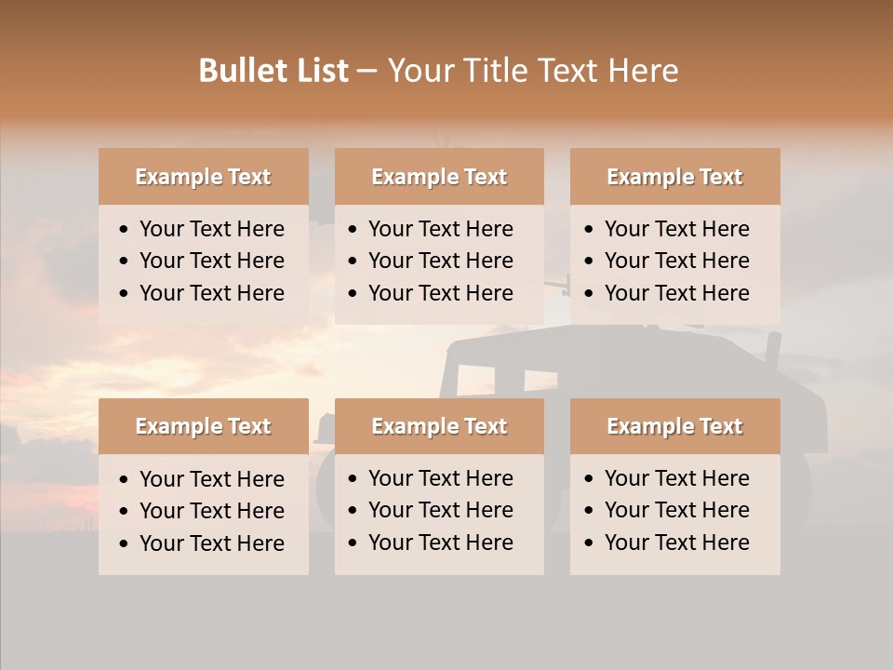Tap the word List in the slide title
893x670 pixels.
click(x=319, y=71)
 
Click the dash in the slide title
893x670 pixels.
click(x=367, y=72)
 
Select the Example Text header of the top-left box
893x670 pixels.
click(x=203, y=177)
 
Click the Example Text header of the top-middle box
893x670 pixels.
click(x=439, y=177)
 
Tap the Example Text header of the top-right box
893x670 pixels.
click(x=674, y=177)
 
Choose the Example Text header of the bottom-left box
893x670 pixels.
click(x=203, y=426)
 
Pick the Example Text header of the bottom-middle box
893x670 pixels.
click(x=439, y=426)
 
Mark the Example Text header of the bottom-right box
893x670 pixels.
click(x=674, y=426)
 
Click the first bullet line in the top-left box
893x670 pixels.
click(x=211, y=229)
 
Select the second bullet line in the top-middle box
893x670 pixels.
click(x=440, y=261)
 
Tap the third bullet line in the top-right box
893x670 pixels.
click(x=676, y=293)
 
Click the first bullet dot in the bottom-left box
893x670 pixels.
click(x=125, y=480)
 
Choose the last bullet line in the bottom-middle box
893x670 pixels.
click(x=440, y=543)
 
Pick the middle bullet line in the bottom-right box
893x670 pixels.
click(x=676, y=510)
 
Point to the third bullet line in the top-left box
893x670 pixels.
click(x=211, y=293)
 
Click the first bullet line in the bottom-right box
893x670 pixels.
click(x=676, y=478)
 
